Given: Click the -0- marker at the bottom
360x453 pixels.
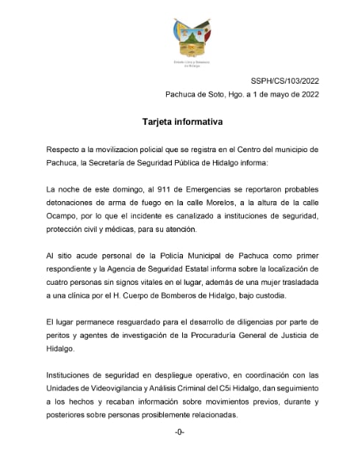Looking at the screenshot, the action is (179, 432).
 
